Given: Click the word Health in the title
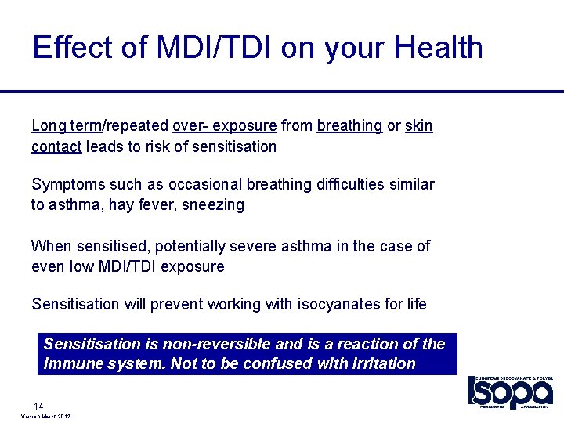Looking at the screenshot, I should coord(439,48).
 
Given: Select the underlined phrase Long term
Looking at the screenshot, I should coord(67,126).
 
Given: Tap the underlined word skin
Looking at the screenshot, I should coord(419,126).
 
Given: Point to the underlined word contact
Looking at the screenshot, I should coord(56,146).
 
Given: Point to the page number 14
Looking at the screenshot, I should coord(38,406).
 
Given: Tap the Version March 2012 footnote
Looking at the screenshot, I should coord(43,417).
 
